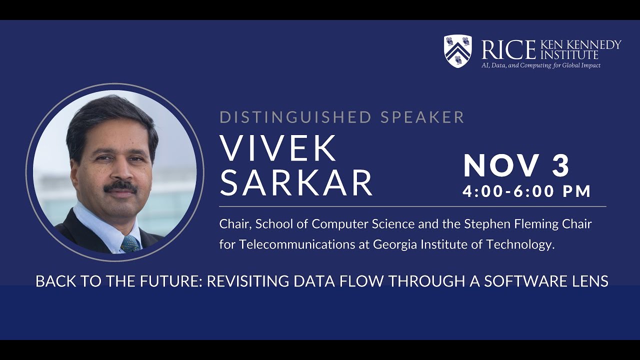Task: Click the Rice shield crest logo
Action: (457, 51)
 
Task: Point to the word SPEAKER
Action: (422, 117)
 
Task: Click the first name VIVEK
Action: (278, 148)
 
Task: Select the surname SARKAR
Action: (296, 182)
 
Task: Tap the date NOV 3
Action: (516, 166)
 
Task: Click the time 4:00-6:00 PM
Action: (527, 191)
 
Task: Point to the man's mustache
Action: (120, 186)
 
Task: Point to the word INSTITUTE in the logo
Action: (569, 54)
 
